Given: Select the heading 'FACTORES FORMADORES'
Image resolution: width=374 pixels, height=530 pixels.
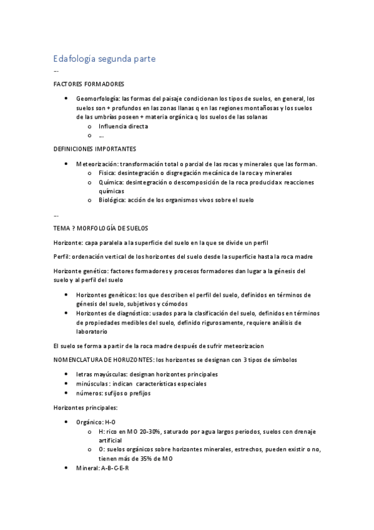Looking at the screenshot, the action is pos(89,84).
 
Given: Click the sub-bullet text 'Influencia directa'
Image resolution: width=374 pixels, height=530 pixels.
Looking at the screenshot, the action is pos(123,126).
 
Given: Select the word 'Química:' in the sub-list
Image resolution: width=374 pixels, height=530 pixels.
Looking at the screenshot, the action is pos(111,182).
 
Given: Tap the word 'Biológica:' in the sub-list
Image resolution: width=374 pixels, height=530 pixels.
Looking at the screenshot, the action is pos(112,200).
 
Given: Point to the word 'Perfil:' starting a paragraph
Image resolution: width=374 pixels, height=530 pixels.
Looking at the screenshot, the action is pos(64,257).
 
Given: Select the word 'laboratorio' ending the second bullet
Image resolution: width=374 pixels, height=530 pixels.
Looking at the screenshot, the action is pos(94,332).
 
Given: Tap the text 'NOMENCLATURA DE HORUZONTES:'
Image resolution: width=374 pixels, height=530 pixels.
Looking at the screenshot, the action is pos(104,359).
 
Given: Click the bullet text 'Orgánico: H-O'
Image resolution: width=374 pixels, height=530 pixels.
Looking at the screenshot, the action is pos(96,422).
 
